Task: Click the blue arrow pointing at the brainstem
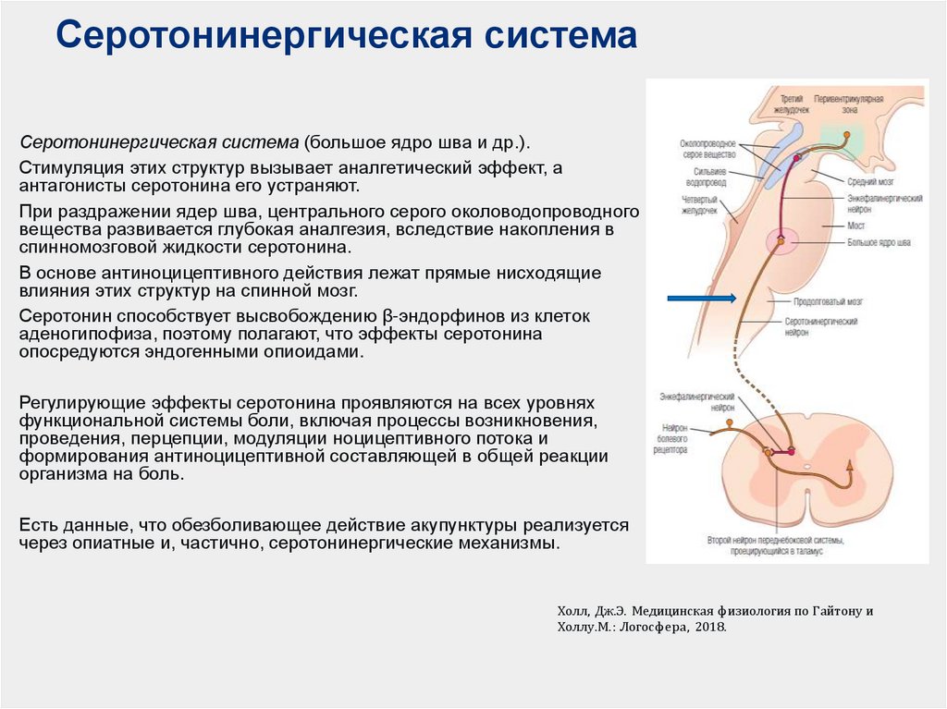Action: point(702,298)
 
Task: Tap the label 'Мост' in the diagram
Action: point(855,225)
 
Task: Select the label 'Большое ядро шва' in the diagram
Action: point(879,241)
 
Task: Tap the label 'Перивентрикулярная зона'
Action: point(849,103)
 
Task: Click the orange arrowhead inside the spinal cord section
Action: point(851,477)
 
